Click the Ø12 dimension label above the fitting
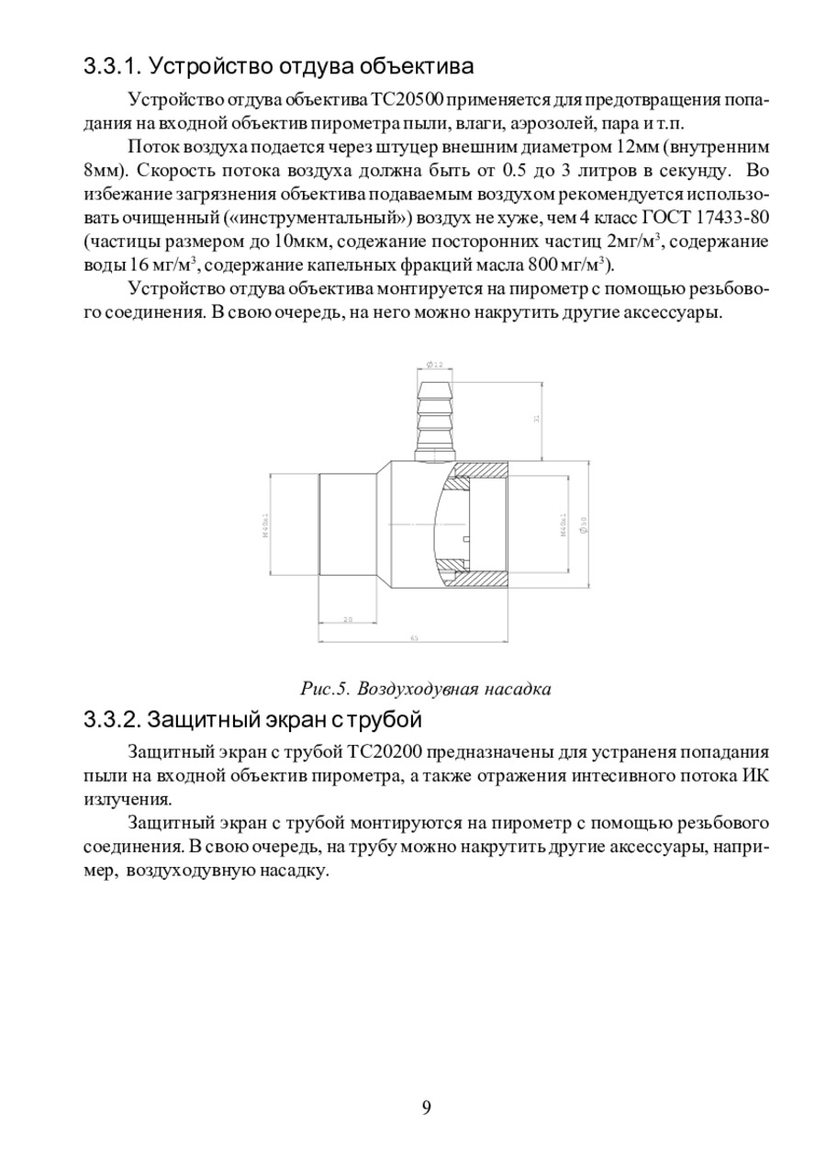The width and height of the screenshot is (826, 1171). tap(435, 366)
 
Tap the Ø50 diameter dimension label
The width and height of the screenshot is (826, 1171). tap(584, 524)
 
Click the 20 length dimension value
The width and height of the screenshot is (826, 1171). tap(348, 619)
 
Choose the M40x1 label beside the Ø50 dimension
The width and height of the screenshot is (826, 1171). tap(563, 524)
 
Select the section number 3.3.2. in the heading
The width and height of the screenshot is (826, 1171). tap(111, 717)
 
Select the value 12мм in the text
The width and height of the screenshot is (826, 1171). tap(637, 147)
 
